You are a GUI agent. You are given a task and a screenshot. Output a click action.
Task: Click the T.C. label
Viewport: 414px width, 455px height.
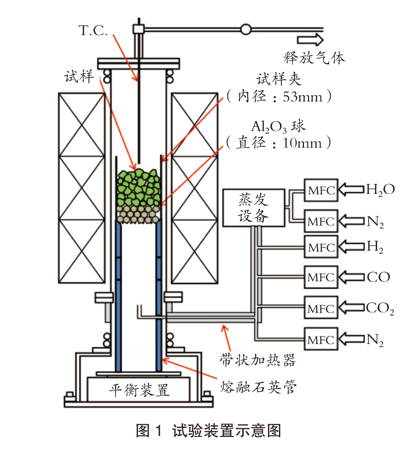(93, 31)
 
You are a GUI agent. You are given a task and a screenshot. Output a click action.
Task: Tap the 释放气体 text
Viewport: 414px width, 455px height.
(314, 58)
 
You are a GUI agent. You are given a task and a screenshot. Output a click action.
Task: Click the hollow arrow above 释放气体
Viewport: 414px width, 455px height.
(310, 40)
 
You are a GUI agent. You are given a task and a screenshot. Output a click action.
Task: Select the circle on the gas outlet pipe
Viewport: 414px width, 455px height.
(246, 29)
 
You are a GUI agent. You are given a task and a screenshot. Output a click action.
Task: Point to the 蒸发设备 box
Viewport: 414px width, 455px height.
(253, 208)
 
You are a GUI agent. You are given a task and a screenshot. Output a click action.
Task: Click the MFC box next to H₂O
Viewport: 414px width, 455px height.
(321, 190)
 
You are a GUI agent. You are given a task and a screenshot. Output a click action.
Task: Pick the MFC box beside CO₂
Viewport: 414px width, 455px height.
(321, 307)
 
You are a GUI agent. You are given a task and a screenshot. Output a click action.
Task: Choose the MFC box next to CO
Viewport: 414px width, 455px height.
(321, 277)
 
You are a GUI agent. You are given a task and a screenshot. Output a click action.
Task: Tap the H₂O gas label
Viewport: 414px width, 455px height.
(380, 190)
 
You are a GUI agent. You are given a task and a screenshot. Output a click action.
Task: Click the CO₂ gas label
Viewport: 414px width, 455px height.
(380, 308)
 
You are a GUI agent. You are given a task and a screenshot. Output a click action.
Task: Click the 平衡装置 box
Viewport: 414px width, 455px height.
(139, 389)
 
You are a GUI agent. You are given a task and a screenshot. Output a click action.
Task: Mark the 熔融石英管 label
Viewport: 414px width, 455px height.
(258, 387)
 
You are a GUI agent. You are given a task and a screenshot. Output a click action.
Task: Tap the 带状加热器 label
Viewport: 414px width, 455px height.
(258, 360)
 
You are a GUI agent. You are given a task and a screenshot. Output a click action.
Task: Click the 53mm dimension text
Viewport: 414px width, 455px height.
(302, 96)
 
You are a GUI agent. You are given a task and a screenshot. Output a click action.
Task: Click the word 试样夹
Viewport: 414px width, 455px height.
(278, 79)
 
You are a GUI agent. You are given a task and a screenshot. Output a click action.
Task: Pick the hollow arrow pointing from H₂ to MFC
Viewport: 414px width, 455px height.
(351, 247)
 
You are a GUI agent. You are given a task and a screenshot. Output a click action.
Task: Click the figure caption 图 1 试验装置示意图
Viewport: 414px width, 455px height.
(209, 430)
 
